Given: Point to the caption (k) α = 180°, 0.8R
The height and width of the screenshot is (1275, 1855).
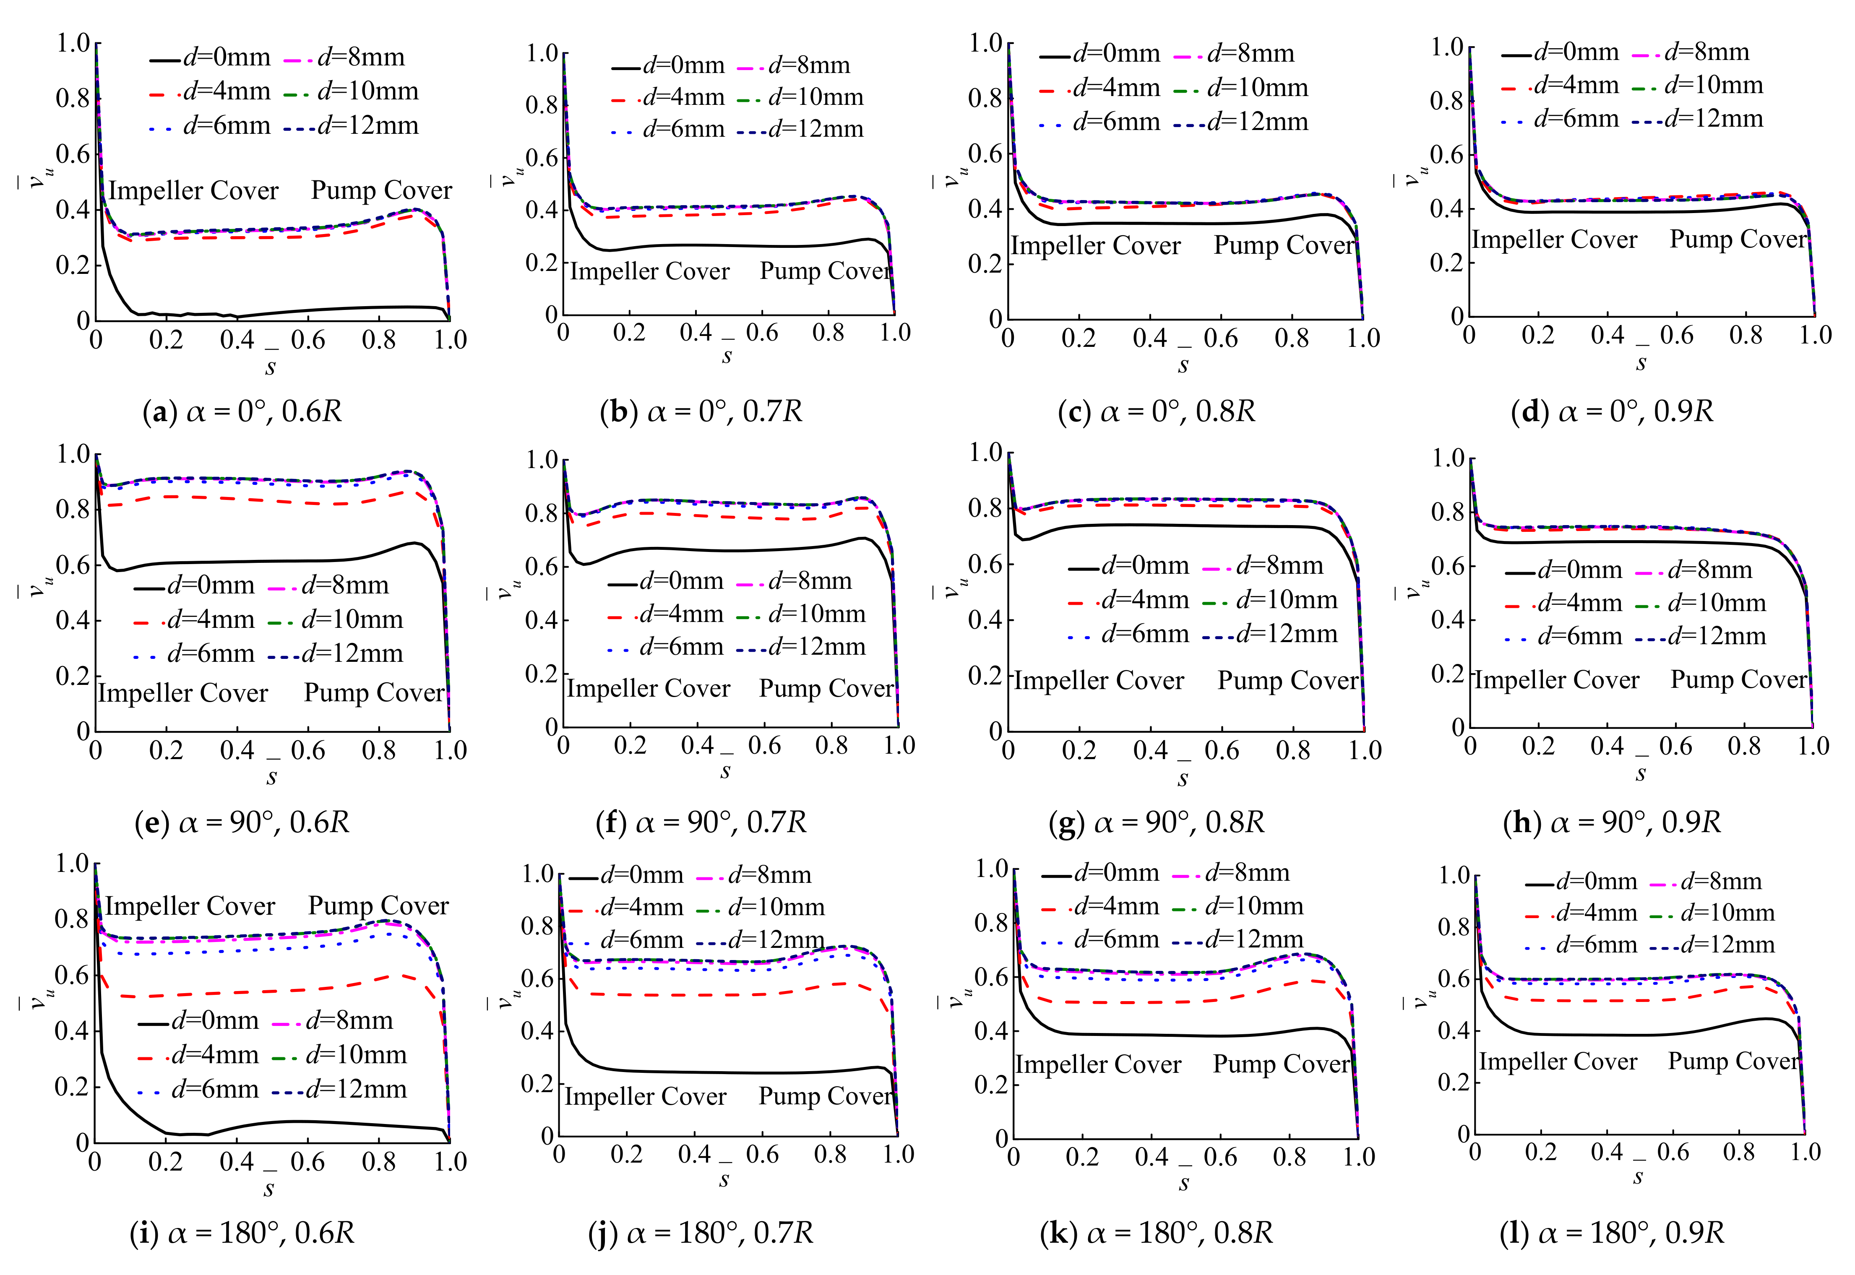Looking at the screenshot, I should click(1155, 1233).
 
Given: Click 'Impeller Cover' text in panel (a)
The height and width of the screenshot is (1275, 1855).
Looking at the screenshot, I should click(193, 191).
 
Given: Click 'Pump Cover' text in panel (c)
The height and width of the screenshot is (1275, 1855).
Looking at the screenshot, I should click(1284, 245).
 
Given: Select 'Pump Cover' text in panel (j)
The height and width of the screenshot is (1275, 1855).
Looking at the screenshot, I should click(825, 1097).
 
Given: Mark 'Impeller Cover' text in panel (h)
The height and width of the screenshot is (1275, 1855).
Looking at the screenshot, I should click(1556, 681).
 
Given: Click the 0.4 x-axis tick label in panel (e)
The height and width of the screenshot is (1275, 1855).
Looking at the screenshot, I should click(237, 751).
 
